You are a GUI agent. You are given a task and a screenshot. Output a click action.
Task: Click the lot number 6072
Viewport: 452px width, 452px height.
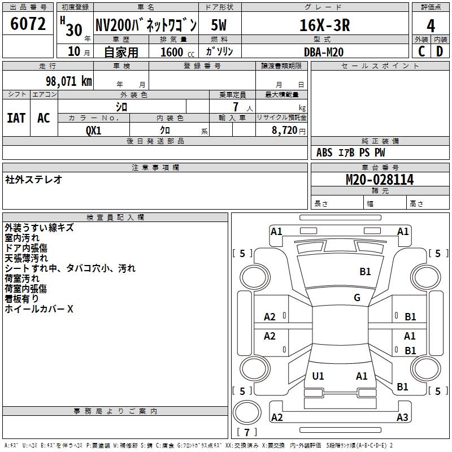[28, 24]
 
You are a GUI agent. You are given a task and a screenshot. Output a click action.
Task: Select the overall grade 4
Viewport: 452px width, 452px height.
[431, 26]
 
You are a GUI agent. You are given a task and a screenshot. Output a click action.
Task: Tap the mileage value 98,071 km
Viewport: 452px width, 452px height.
[68, 81]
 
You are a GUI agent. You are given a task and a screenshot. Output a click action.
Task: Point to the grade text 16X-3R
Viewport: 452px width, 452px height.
[325, 25]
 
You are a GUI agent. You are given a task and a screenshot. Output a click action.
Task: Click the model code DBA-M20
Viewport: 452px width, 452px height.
[324, 52]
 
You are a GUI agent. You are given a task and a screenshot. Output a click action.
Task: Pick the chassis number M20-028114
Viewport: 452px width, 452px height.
[380, 180]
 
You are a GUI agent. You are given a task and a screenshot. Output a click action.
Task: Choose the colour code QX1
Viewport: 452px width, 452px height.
[94, 131]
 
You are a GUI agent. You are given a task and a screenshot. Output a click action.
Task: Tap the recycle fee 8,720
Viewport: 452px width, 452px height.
[284, 131]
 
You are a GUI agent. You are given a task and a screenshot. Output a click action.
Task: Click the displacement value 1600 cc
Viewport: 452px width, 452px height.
[177, 52]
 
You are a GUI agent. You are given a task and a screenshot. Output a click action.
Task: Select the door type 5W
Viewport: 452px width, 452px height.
[219, 25]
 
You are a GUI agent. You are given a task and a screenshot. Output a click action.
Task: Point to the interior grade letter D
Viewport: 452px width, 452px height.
[440, 51]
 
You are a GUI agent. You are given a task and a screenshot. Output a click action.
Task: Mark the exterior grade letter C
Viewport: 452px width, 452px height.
[421, 51]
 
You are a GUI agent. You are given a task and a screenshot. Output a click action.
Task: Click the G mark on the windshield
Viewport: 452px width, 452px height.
[357, 298]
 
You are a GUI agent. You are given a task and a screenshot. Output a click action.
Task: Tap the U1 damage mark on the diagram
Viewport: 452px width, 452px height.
[318, 376]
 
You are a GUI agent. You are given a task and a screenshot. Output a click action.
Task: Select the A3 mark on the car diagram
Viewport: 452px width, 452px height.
[402, 417]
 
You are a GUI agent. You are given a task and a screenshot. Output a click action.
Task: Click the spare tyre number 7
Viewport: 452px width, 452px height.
[247, 432]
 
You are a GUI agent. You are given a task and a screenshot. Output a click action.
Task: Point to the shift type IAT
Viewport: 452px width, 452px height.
[16, 118]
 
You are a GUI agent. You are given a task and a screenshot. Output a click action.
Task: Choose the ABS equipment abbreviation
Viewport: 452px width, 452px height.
[324, 153]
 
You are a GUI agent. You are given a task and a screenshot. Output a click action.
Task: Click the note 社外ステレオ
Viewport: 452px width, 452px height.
[33, 180]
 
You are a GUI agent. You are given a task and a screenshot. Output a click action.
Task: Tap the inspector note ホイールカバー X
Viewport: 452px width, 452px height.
[39, 309]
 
